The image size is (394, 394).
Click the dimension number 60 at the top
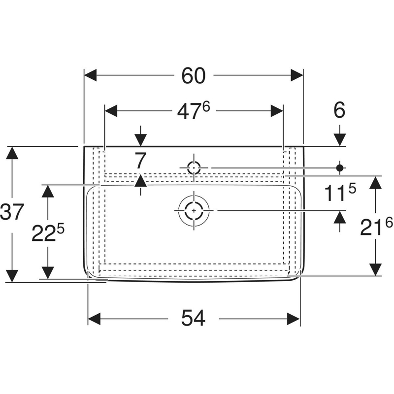pyautogui.click(x=194, y=76)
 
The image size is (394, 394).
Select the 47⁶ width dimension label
pyautogui.click(x=194, y=111)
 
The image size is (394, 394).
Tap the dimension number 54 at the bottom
pyautogui.click(x=193, y=318)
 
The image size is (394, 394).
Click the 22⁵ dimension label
pyautogui.click(x=48, y=232)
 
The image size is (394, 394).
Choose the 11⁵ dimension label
pyautogui.click(x=340, y=192)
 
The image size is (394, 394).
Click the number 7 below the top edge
pyautogui.click(x=140, y=161)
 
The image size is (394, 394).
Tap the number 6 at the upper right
pyautogui.click(x=339, y=110)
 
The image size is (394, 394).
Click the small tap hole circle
pyautogui.click(x=194, y=167)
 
